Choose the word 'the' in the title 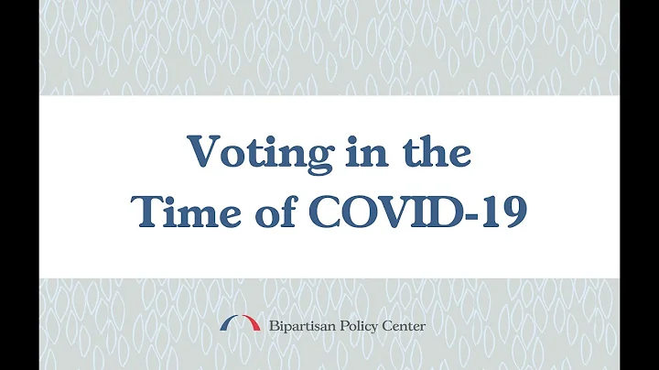coord(436,151)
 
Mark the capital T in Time coord(148,212)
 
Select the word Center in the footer coord(405,326)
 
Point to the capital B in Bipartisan coord(272,325)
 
